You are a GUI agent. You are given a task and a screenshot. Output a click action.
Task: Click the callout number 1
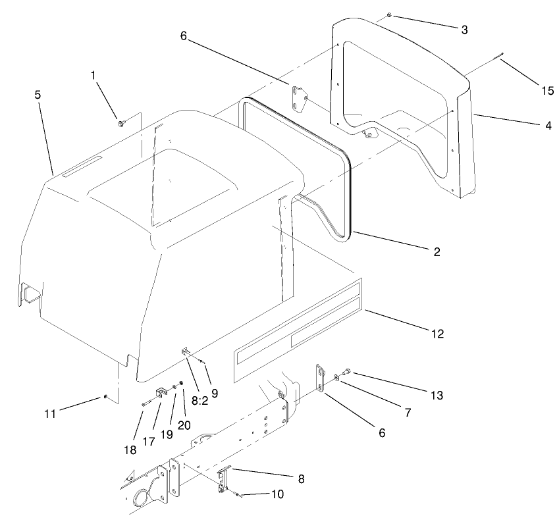point(93,76)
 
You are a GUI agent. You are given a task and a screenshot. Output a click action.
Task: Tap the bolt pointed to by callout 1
point(121,122)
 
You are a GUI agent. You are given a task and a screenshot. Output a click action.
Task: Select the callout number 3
point(464,30)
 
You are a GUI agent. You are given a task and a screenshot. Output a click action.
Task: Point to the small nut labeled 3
point(389,14)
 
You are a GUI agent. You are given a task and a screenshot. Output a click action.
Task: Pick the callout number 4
point(548,124)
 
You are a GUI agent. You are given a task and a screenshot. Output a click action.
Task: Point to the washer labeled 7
point(336,377)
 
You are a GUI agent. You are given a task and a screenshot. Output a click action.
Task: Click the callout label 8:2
point(197,400)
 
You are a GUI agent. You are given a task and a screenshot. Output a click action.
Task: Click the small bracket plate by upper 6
point(300,98)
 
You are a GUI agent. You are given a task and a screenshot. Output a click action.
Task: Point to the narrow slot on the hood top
point(82,167)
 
